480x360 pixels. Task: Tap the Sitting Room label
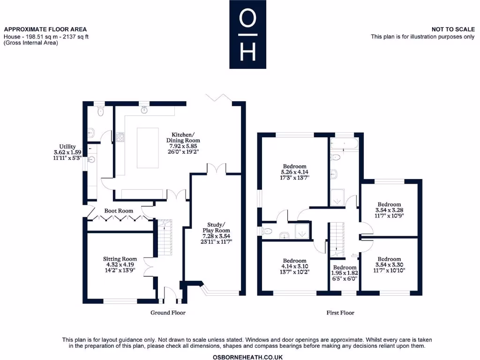coord(120,259)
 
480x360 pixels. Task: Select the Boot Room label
coord(119,211)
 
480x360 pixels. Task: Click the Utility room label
coord(64,147)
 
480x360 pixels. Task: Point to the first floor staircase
coord(337,239)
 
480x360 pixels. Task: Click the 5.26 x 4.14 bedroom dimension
coord(295,172)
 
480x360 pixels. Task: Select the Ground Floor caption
coord(168,313)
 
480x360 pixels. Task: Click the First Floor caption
coord(340,313)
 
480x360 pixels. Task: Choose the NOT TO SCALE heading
coord(453,30)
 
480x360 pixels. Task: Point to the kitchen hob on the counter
coord(120,137)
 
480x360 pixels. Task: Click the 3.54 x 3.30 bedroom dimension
coord(389,265)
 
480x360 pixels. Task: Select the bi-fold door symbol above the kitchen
coord(217,97)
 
